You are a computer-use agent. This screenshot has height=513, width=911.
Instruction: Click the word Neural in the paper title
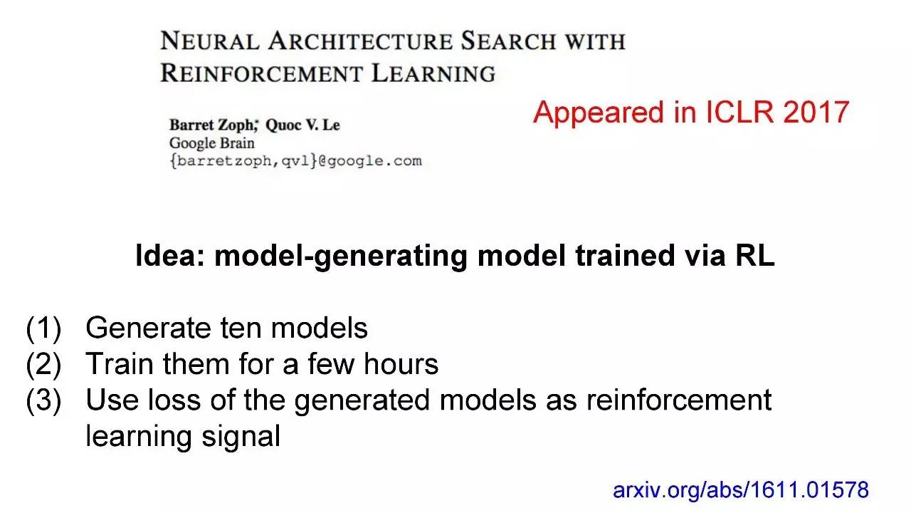pyautogui.click(x=210, y=41)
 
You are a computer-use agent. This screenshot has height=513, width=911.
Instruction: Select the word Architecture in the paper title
pyautogui.click(x=360, y=41)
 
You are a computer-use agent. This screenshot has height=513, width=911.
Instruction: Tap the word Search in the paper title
pyautogui.click(x=508, y=41)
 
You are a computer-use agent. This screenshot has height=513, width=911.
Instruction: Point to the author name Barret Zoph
pyautogui.click(x=213, y=125)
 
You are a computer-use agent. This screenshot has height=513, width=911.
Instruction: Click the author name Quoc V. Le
pyautogui.click(x=302, y=125)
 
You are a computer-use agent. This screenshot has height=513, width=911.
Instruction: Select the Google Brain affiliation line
pyautogui.click(x=212, y=143)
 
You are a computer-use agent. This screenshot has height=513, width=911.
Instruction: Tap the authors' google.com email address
pyautogui.click(x=295, y=161)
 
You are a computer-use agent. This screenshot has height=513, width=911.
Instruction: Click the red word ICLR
pyautogui.click(x=739, y=112)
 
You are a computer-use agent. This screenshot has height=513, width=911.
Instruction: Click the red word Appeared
pyautogui.click(x=598, y=113)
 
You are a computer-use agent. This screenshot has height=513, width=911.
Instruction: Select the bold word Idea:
pyautogui.click(x=170, y=256)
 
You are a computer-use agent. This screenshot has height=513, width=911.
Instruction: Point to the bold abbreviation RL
pyautogui.click(x=755, y=256)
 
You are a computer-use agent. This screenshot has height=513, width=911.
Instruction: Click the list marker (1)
pyautogui.click(x=43, y=328)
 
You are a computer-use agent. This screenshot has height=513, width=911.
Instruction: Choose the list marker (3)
pyautogui.click(x=43, y=400)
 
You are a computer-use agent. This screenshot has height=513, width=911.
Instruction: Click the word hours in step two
pyautogui.click(x=401, y=363)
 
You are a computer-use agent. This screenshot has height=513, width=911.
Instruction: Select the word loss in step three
pyautogui.click(x=174, y=400)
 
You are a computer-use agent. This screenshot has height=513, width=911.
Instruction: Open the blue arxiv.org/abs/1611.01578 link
pyautogui.click(x=741, y=489)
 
